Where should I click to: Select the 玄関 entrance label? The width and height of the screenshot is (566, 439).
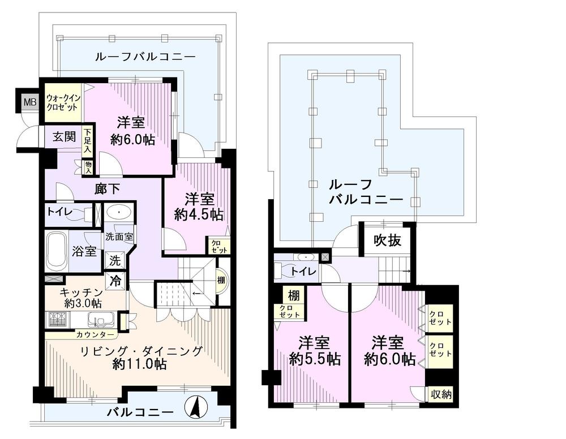[x=64, y=137]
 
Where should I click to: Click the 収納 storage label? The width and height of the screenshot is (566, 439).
[x=441, y=394]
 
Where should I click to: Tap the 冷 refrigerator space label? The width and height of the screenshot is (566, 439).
[x=115, y=279]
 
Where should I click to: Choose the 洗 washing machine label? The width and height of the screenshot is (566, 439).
[x=114, y=261]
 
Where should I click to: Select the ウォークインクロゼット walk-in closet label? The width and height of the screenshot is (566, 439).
[x=64, y=102]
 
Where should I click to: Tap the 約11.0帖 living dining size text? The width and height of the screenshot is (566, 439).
[x=139, y=365]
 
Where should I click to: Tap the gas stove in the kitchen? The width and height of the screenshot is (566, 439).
[x=58, y=320]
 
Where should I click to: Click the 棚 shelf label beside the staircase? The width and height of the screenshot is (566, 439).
[x=221, y=279]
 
